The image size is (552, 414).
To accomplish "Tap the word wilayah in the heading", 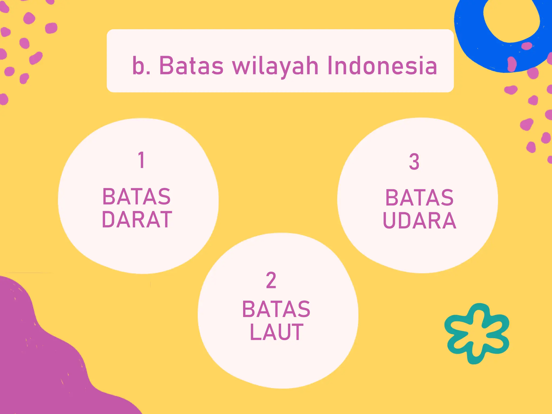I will pos(275,66).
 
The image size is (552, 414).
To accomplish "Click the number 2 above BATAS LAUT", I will pos(271,280).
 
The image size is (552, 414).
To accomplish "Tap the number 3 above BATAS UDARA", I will pos(414,162).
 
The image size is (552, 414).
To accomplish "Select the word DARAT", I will pos(137,220).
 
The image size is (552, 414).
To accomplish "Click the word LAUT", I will pos(277,332).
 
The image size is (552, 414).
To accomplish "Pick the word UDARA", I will pos(419,221).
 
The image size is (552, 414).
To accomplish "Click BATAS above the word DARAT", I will pos(137,197).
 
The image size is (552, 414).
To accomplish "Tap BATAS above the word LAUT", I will pos(276,309).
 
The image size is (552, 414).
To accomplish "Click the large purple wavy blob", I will pos(40,364).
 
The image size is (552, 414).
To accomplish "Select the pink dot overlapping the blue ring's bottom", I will pos(512,64).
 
